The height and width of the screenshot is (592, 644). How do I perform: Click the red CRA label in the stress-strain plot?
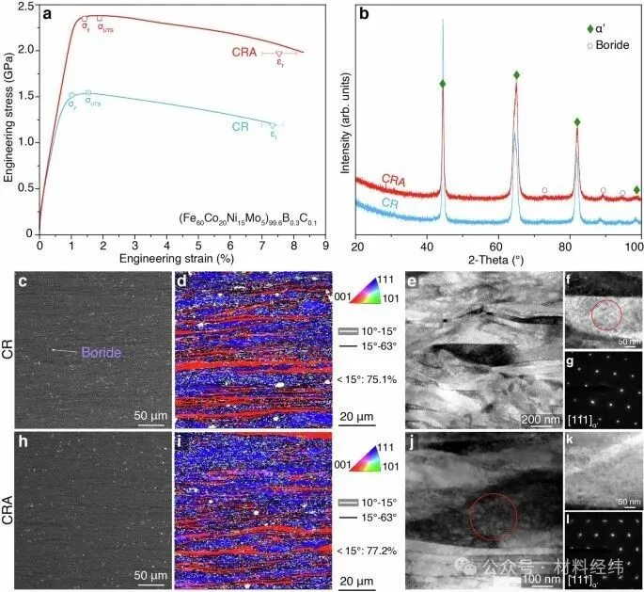[248, 53]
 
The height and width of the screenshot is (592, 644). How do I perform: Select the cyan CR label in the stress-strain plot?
[241, 126]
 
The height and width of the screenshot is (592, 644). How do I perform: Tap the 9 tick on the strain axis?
[325, 243]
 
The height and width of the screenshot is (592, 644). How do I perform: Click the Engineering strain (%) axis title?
[181, 256]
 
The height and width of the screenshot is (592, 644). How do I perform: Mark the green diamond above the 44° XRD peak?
[443, 84]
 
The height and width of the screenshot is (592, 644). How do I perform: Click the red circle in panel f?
[605, 317]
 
